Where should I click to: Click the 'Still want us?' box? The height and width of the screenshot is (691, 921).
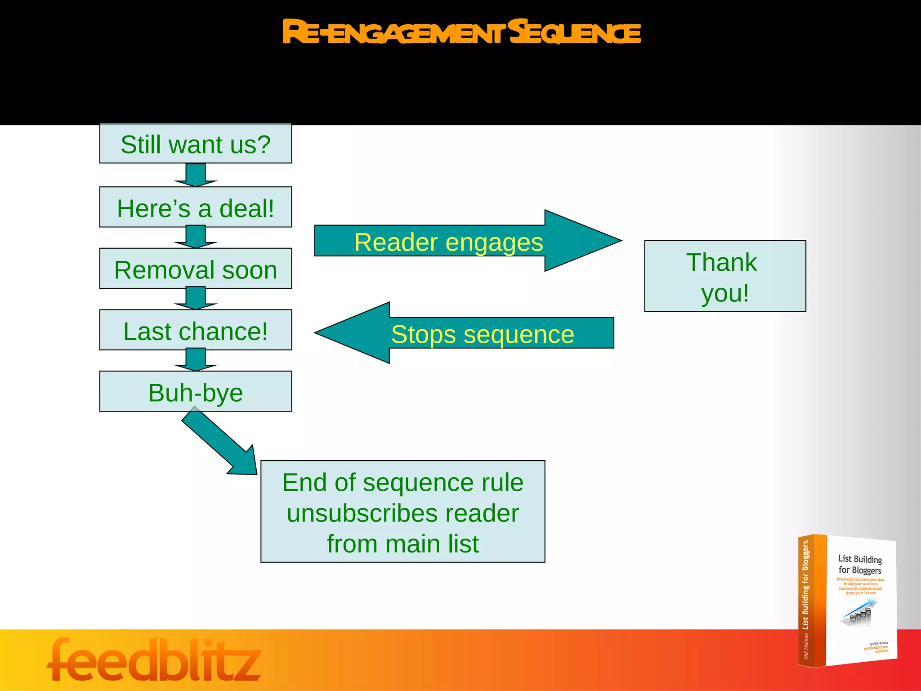pos(196,144)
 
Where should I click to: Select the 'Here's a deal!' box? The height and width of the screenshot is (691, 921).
pos(196,207)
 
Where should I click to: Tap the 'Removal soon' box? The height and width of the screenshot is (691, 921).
pos(196,269)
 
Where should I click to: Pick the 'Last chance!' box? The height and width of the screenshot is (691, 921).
pos(196,330)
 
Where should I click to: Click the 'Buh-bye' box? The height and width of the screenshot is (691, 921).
pos(196,391)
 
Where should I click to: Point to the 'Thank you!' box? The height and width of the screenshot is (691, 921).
pos(725,276)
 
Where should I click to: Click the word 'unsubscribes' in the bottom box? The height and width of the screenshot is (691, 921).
pos(403,513)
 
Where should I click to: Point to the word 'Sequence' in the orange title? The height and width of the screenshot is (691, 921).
pos(576,32)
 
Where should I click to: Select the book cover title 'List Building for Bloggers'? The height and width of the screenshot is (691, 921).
pos(859,565)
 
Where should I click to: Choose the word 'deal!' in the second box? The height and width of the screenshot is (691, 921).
pos(246,209)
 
